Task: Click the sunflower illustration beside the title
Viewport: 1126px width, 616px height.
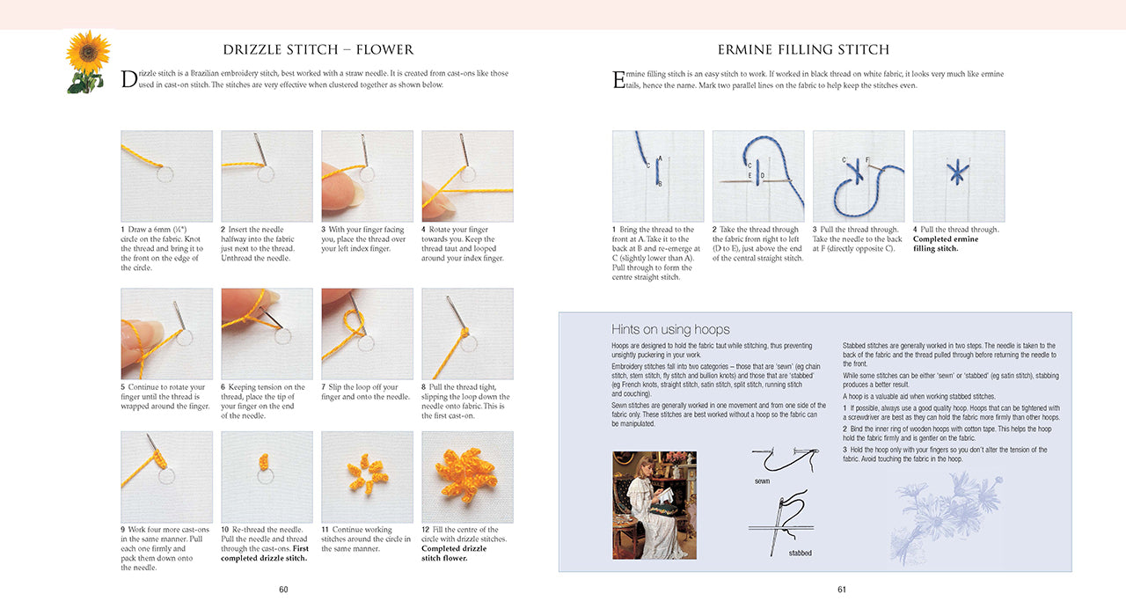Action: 88,61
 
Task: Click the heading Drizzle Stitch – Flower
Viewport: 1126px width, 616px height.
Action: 318,49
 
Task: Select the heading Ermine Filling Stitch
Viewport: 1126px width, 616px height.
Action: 803,49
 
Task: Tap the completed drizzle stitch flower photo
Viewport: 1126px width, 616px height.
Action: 467,476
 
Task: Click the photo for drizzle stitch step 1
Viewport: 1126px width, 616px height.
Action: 166,176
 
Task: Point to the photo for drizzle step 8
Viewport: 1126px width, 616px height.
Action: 467,334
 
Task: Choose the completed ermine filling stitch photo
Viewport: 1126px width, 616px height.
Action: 958,176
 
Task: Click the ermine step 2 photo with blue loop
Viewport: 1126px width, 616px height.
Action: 757,176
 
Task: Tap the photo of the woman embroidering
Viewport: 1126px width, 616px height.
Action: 654,505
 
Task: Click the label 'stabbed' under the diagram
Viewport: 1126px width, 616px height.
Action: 800,553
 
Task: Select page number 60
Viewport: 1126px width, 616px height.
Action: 283,590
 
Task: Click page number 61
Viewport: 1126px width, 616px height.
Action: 841,590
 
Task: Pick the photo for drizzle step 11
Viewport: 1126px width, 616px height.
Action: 367,476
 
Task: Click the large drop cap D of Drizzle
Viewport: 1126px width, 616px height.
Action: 128,79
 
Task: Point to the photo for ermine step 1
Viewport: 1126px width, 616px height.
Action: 657,176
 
